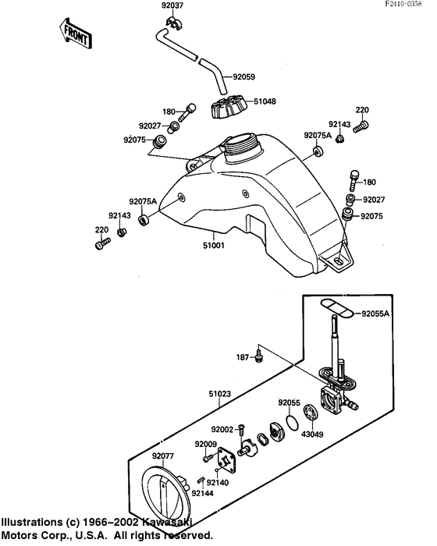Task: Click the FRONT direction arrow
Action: [76, 34]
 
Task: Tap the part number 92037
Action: [172, 5]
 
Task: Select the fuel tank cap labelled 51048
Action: [229, 107]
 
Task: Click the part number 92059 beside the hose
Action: [244, 76]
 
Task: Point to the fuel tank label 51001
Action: [214, 246]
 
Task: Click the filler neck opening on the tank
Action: [242, 142]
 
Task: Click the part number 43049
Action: [312, 434]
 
